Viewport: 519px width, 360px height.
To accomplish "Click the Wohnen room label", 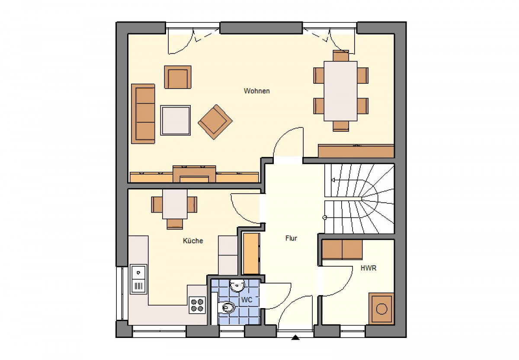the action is tap(257, 91).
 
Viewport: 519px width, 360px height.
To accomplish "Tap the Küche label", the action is tap(193, 241).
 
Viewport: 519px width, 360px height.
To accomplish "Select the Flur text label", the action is tap(291, 238).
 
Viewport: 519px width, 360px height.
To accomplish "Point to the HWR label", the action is tap(368, 268).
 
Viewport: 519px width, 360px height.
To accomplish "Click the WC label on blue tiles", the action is tap(247, 300).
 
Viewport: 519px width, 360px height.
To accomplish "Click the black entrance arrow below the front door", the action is tap(295, 338).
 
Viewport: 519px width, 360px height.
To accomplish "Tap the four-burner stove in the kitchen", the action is tap(197, 305).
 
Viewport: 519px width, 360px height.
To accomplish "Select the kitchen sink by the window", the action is tap(138, 279).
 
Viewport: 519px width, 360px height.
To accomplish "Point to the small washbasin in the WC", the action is tap(237, 286).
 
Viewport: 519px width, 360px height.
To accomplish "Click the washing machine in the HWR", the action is tap(381, 309).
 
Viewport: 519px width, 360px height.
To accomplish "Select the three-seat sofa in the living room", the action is tap(143, 114).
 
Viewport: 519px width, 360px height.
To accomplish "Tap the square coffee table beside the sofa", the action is tap(176, 120).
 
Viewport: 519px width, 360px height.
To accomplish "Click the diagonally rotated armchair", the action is tap(215, 122).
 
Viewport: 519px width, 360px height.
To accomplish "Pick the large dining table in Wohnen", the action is tap(340, 91).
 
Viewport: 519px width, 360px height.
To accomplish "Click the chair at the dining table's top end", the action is tap(341, 56).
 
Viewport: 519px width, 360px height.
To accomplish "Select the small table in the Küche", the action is tap(175, 204).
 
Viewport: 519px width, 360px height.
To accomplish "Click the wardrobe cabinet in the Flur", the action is tap(251, 254).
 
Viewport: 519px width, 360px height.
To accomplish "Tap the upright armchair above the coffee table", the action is tap(178, 77).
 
